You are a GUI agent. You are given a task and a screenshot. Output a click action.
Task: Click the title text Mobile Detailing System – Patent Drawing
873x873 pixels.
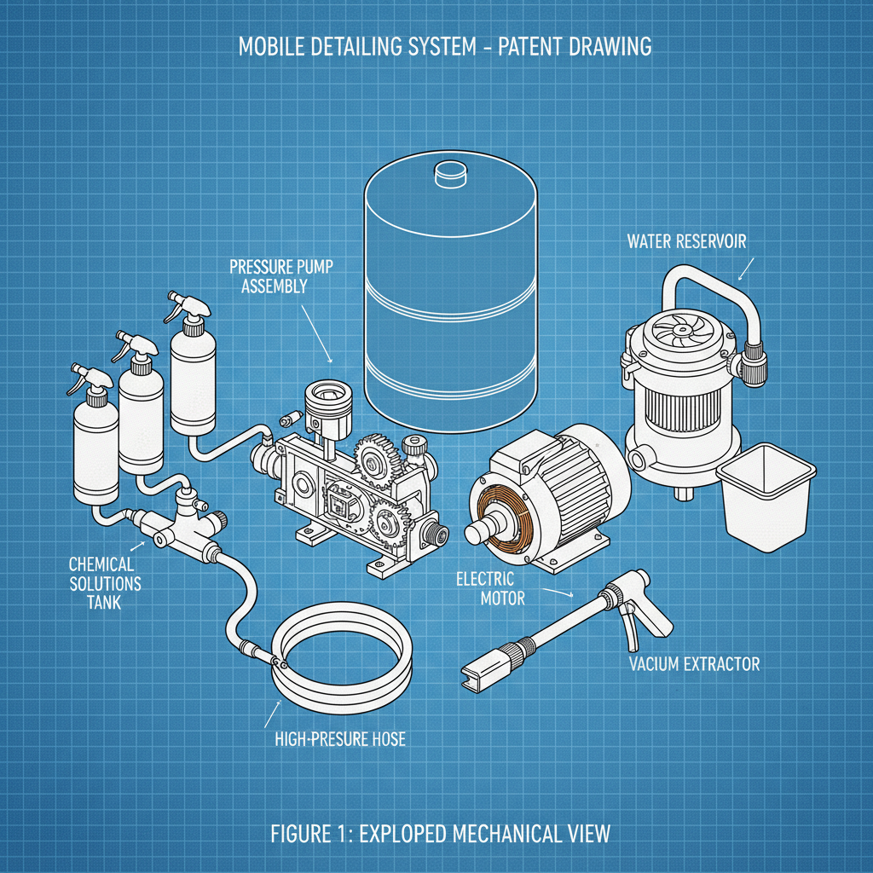[x=444, y=46]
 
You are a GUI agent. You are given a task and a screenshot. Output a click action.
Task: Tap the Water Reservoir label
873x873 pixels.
[x=686, y=241]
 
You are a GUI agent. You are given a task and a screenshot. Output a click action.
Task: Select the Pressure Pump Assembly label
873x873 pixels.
[x=281, y=277]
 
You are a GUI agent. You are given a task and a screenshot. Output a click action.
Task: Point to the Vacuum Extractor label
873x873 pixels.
[x=693, y=664]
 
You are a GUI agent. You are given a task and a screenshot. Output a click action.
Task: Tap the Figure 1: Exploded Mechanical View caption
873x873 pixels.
[x=441, y=832]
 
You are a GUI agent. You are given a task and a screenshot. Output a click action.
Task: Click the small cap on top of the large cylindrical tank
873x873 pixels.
[x=452, y=173]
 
